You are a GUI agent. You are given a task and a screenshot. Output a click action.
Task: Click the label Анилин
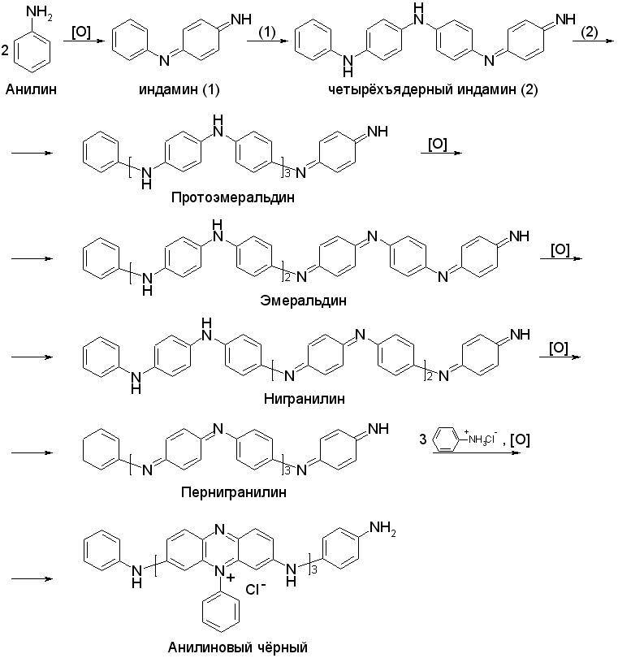31,88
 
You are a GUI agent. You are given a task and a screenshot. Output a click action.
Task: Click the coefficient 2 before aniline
6,51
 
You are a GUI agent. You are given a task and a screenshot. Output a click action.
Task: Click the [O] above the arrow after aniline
81,33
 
